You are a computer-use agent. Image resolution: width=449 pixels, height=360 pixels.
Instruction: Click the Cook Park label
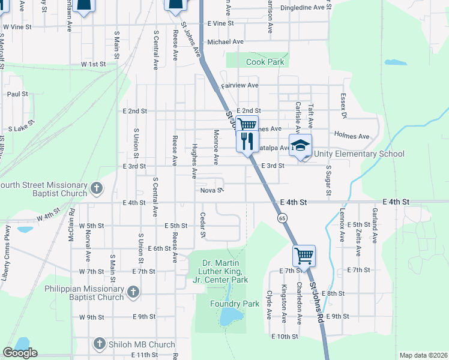(264, 62)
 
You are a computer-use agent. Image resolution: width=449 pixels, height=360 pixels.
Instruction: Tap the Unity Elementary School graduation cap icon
(301, 145)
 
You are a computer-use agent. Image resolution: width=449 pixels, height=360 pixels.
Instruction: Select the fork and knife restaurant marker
(247, 141)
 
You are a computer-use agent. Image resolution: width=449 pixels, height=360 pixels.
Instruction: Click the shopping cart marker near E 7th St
(304, 256)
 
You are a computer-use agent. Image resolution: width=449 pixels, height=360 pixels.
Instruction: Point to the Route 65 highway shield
(282, 218)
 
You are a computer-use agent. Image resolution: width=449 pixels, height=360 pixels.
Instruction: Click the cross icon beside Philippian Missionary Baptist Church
(133, 293)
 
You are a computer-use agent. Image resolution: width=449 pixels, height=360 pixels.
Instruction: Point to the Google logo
(20, 353)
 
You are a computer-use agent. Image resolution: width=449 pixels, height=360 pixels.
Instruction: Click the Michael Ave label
(225, 42)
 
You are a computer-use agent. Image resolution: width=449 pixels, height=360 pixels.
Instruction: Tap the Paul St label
(17, 94)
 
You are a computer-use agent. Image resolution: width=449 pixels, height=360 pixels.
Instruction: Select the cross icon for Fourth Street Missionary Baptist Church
(97, 190)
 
